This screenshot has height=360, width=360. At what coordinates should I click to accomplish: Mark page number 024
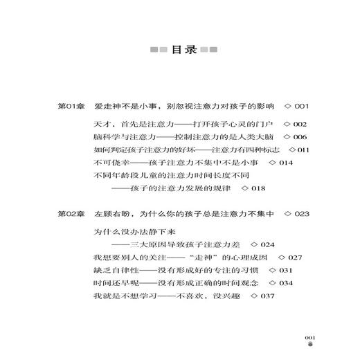pyautogui.click(x=265, y=244)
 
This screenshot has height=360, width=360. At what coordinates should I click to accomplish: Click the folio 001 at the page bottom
pyautogui.click(x=310, y=336)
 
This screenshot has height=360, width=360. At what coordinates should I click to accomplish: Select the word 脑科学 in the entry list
pyautogui.click(x=107, y=137)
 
